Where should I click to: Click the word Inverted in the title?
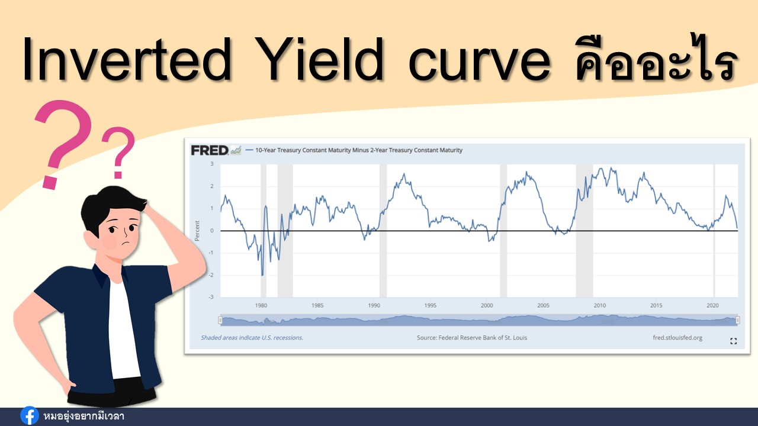[127, 59]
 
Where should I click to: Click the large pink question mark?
[63, 144]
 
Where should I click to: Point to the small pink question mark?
[118, 152]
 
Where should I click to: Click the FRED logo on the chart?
[210, 150]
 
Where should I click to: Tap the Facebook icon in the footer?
[30, 415]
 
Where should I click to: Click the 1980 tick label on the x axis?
[261, 305]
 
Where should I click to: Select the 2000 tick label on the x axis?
[487, 305]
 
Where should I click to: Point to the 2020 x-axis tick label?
[712, 305]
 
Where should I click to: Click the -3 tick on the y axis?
[211, 297]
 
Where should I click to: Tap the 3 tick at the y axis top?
[212, 164]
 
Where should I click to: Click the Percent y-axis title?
[197, 231]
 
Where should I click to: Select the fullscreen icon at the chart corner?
[733, 341]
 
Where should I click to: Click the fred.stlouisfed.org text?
[677, 337]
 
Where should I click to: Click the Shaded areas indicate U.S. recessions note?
[252, 337]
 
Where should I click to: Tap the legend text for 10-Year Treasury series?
[359, 150]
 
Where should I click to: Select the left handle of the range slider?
[220, 320]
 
